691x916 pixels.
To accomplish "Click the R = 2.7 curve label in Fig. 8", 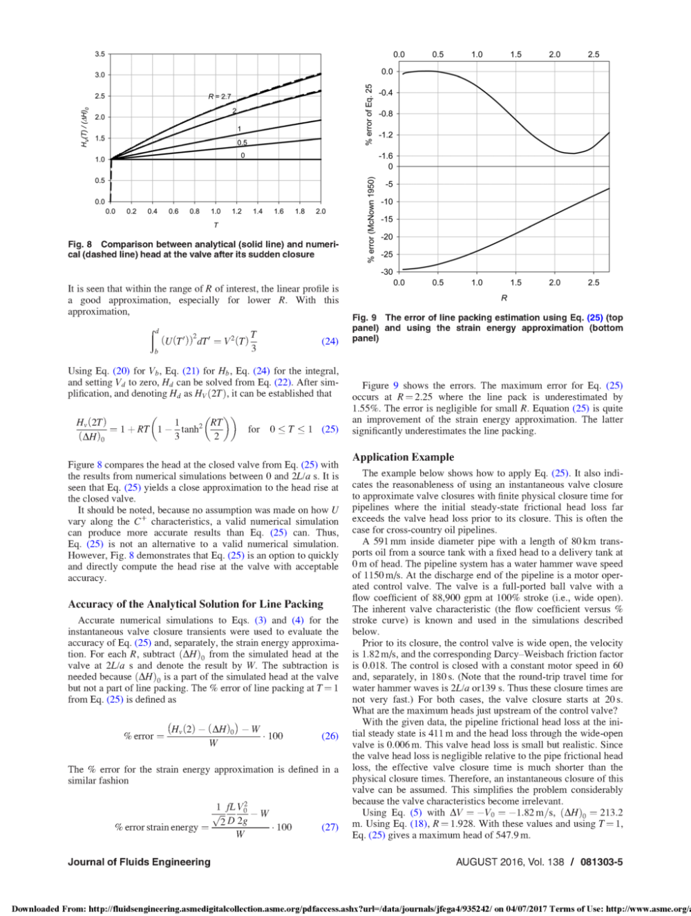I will click(220, 97).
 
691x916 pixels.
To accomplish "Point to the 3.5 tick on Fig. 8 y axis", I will click(100, 54).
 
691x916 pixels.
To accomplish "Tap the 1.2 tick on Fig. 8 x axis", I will click(236, 211).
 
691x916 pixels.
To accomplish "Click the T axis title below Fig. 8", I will click(216, 225).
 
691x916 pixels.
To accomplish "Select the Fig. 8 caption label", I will click(80, 245).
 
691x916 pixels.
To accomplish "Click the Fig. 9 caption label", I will click(364, 318).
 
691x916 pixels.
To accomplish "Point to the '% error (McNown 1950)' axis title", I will click(370, 220).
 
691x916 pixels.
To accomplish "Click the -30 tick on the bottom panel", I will click(387, 272).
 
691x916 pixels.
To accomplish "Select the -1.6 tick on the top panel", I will click(386, 156).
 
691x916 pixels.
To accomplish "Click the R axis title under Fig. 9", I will click(504, 298).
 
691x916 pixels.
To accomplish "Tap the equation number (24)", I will click(330, 341).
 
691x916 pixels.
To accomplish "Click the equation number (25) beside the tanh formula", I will click(330, 429).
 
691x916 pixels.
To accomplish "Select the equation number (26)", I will click(330, 736).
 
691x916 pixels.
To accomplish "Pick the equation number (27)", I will click(330, 827).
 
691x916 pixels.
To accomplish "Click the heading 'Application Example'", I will click(403, 457).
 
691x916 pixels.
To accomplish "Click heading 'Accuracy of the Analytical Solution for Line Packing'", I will click(196, 604).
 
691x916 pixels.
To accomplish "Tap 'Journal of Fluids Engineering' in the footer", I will click(139, 862).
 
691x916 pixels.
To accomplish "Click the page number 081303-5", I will click(601, 862).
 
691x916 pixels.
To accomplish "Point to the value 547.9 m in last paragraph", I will click(507, 835).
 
